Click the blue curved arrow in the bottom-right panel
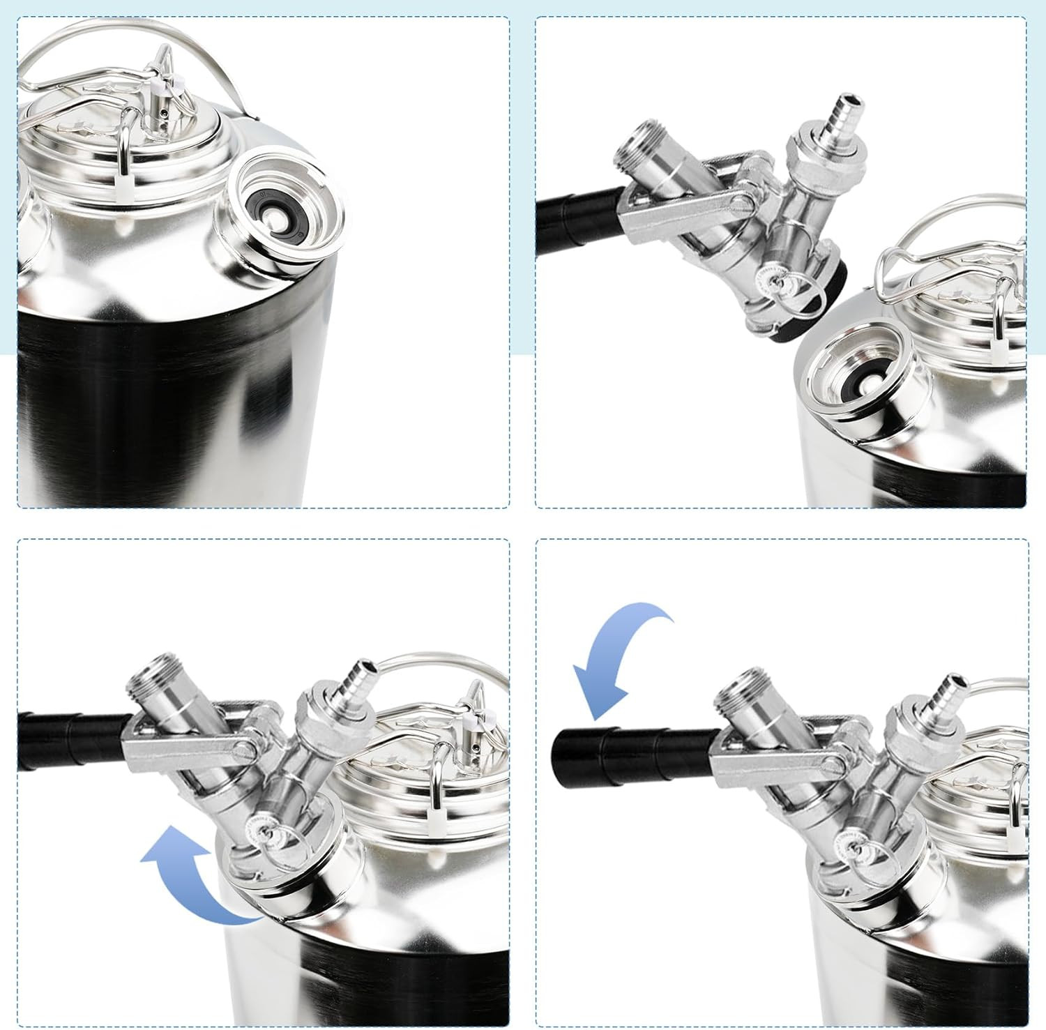pyautogui.click(x=614, y=656)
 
